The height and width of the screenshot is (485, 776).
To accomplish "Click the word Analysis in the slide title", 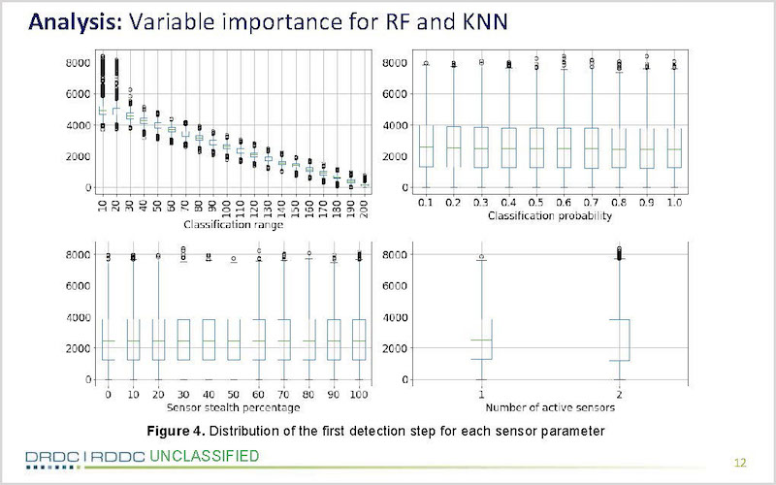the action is tap(75, 22).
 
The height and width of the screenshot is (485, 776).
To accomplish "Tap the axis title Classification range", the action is tap(233, 225).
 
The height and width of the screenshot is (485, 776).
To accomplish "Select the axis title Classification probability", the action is tap(550, 215).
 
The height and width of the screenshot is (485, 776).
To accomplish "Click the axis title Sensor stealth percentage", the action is tap(233, 407).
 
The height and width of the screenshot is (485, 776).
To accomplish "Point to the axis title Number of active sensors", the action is tap(550, 407).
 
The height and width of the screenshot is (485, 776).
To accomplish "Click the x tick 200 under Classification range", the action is tap(365, 203).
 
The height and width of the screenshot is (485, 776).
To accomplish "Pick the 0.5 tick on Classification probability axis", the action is tap(536, 203).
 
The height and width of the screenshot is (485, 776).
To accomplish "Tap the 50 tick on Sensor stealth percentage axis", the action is tap(233, 395).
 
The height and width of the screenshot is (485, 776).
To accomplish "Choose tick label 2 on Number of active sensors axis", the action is tap(619, 395).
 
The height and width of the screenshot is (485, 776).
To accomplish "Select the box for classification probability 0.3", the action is tap(480, 147).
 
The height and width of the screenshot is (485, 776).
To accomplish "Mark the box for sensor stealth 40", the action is tap(209, 339).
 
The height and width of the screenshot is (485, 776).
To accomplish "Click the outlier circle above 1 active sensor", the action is tap(481, 257).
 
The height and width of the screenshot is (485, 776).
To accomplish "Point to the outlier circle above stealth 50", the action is tap(234, 258).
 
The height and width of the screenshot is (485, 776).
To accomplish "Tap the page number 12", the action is tap(740, 463).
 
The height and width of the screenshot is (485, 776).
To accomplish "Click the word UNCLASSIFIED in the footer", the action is tap(204, 456).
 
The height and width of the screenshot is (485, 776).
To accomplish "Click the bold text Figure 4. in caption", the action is tap(176, 431).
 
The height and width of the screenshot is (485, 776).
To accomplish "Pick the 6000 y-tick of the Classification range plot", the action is tap(79, 94).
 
